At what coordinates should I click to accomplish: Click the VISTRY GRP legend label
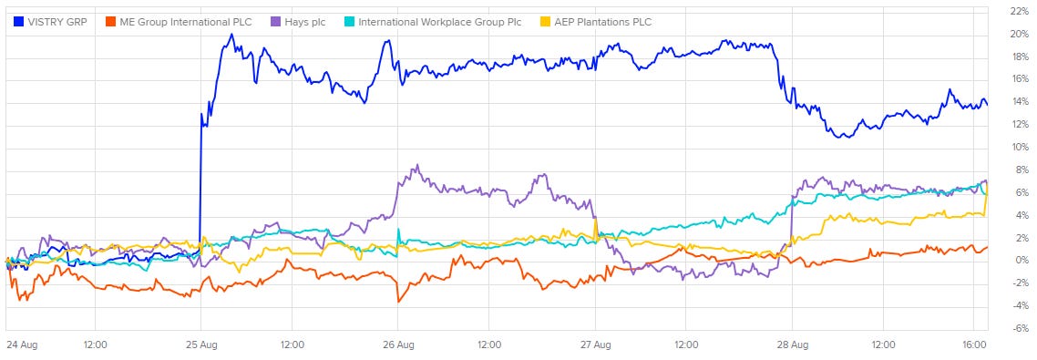click(x=57, y=23)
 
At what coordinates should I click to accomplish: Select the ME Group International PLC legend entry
click(x=186, y=23)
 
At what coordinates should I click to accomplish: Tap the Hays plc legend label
click(x=305, y=23)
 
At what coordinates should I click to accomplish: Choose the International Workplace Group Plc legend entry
click(x=439, y=23)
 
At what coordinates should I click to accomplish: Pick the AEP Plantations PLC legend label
click(x=601, y=23)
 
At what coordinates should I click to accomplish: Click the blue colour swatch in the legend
click(x=18, y=23)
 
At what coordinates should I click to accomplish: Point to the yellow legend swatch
click(x=544, y=23)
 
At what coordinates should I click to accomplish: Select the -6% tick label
click(x=1019, y=328)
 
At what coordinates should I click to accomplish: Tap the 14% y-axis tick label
click(x=1019, y=101)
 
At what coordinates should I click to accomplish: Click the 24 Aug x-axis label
click(x=20, y=345)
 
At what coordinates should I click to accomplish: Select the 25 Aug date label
click(x=201, y=345)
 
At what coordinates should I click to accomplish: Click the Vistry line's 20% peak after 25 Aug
click(x=231, y=35)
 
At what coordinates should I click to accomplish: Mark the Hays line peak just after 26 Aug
click(x=416, y=166)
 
